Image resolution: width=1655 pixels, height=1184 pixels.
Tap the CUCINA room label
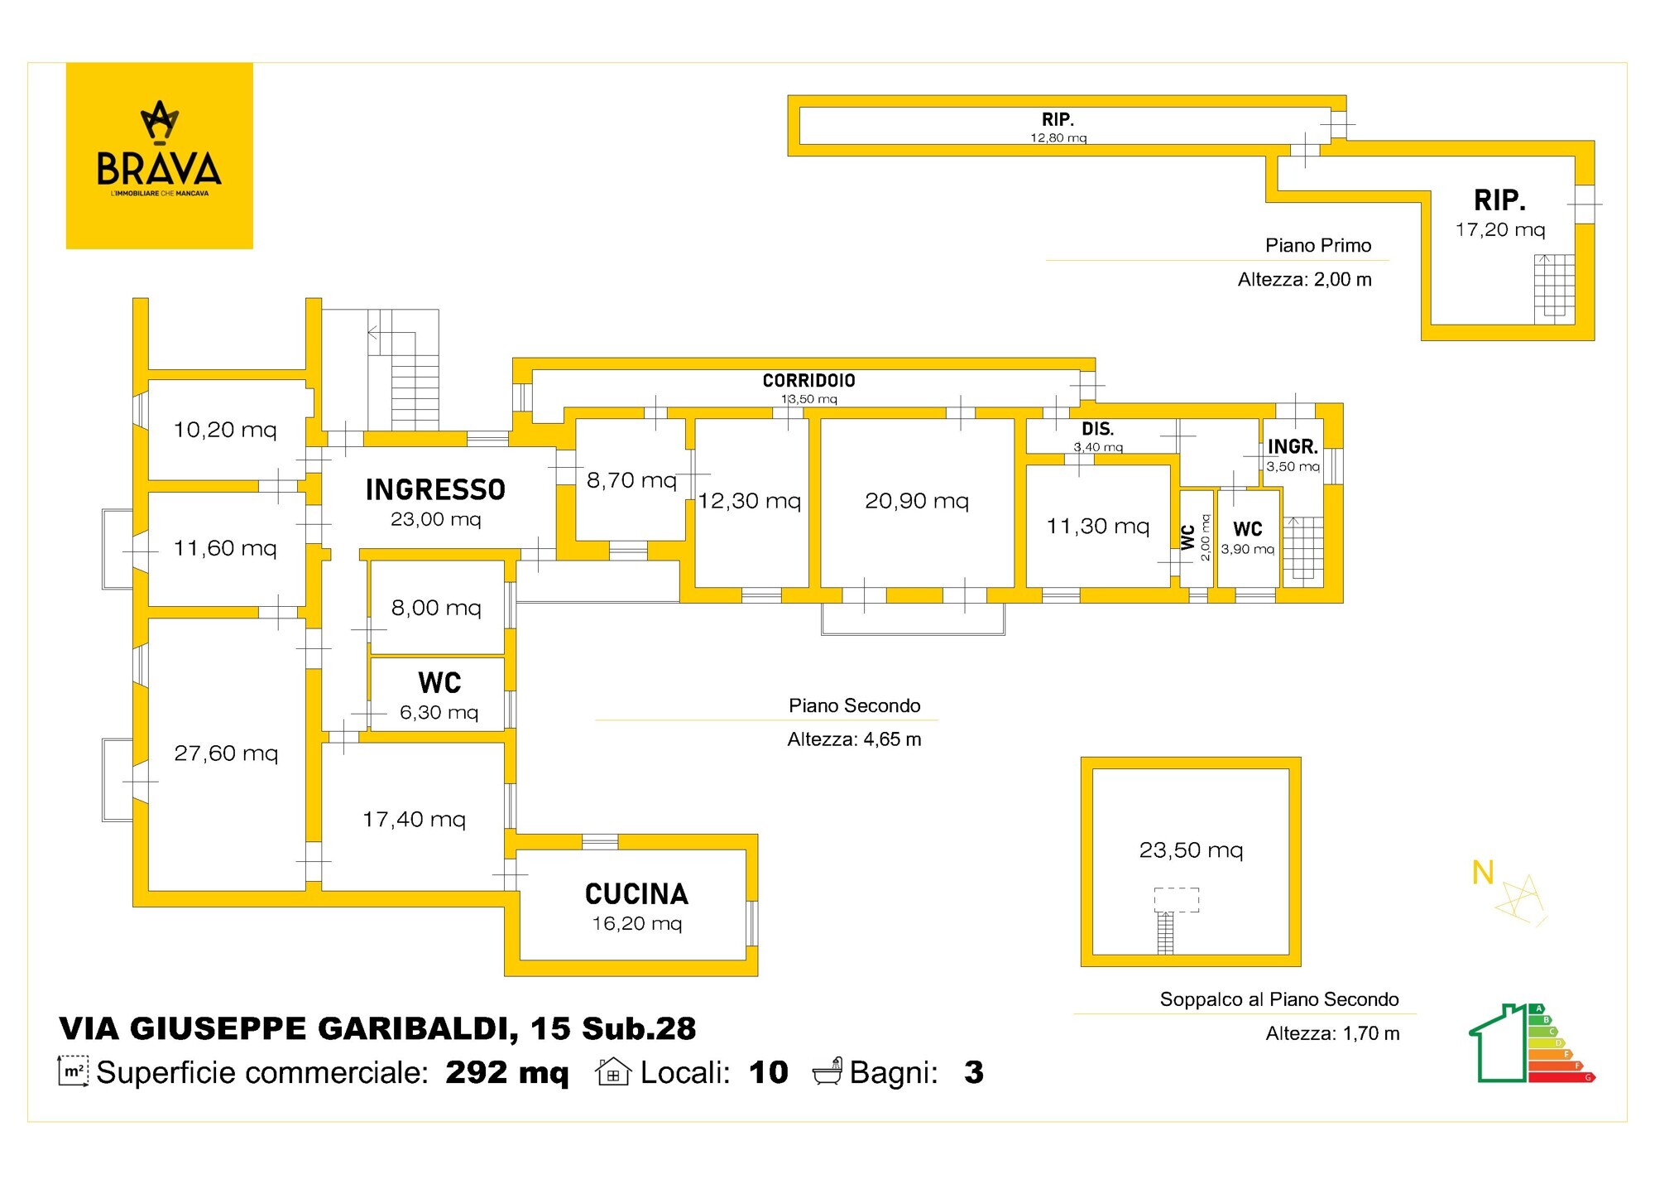636,894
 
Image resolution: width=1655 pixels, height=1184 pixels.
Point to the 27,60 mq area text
226,753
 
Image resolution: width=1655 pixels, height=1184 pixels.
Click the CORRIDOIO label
808,381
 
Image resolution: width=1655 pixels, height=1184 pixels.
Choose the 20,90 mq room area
917,501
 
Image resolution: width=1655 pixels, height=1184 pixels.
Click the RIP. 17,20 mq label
1500,213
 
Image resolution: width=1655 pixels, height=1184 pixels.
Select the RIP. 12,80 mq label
1058,128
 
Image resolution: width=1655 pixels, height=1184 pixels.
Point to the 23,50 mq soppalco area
1191,850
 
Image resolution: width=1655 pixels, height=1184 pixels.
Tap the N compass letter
1483,873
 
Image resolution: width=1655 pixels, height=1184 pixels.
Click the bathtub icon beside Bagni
827,1071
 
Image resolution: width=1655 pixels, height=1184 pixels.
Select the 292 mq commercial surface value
507,1072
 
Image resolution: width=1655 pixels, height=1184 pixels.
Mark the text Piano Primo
1318,245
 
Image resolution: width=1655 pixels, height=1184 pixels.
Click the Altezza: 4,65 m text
854,739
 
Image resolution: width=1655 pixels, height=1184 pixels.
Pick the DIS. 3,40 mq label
1098,436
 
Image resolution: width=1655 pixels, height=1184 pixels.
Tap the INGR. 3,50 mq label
1293,455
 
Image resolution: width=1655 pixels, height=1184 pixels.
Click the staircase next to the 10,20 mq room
403,369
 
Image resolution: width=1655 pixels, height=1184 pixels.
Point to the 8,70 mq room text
631,480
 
